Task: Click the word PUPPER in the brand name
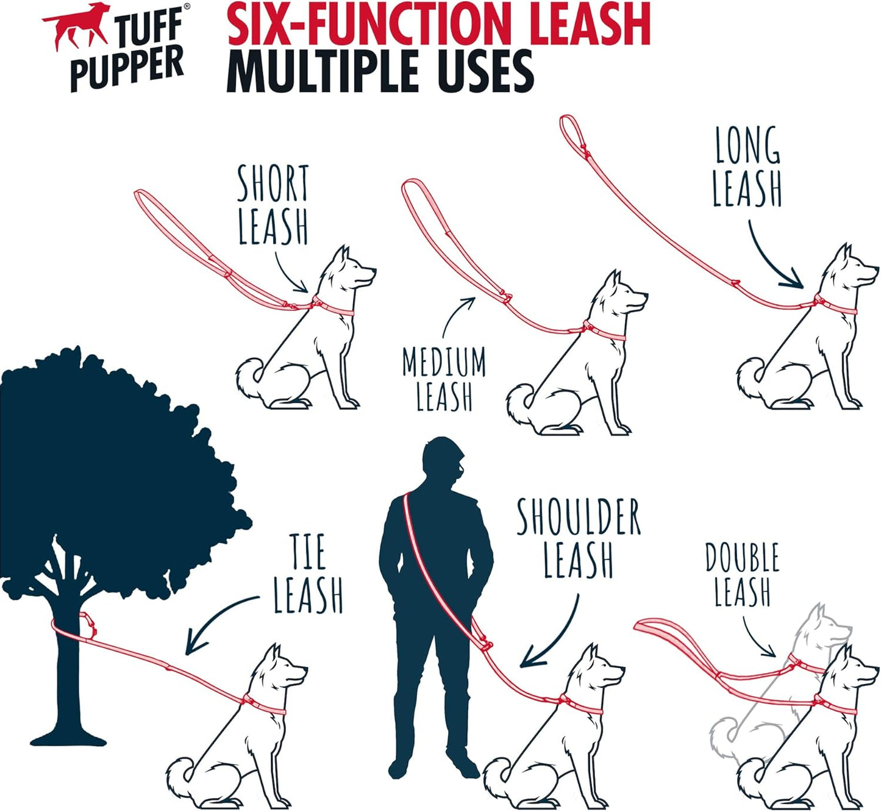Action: click(x=127, y=69)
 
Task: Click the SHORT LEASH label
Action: click(x=273, y=205)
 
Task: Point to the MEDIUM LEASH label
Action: click(x=444, y=379)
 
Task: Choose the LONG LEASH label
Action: click(x=747, y=167)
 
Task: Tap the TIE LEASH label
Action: click(x=309, y=573)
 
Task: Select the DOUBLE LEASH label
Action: click(x=743, y=574)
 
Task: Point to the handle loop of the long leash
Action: click(x=573, y=134)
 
